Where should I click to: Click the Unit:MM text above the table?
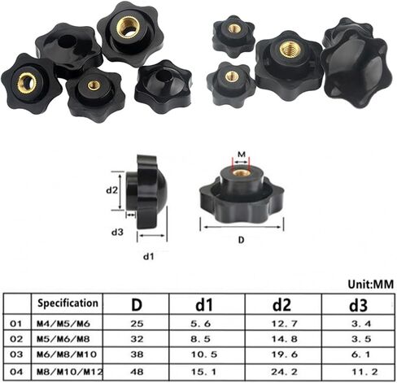point(370,284)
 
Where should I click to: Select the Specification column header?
point(68,303)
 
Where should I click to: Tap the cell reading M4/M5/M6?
point(63,324)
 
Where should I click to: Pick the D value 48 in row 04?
point(137,372)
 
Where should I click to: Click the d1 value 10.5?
point(204,355)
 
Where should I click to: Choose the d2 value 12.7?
point(285,324)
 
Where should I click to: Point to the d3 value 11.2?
point(364,372)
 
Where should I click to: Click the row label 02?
point(16,339)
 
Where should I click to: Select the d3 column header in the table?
point(358,305)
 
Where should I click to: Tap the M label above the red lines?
point(242,155)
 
